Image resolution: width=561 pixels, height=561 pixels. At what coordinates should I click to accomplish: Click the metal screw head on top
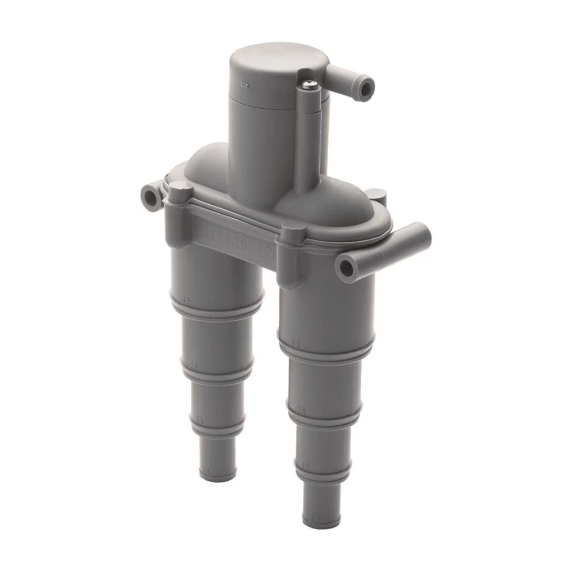(310, 84)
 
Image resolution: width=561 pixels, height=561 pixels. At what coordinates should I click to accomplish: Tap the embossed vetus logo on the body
(240, 240)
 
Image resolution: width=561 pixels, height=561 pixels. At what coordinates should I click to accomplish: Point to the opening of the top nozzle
(367, 88)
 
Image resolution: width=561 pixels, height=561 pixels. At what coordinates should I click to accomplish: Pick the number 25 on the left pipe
(194, 366)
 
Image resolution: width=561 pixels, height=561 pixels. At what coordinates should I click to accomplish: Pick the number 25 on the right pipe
(301, 411)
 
